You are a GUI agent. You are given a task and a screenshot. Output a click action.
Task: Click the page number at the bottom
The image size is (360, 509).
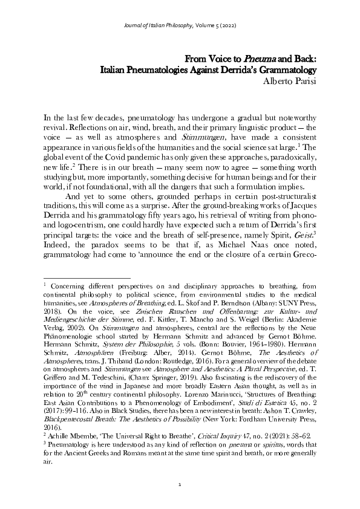180,486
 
